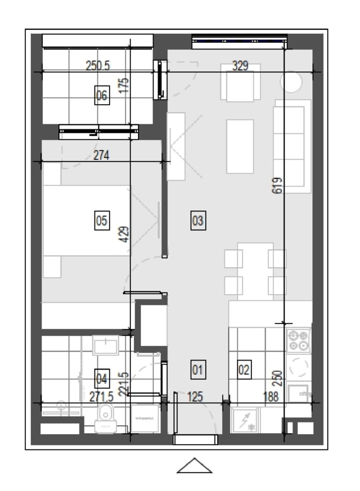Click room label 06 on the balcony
[x=102, y=95]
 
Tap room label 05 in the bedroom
[x=102, y=220]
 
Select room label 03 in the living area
[x=198, y=220]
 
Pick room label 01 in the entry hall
[x=198, y=370]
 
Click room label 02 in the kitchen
[x=244, y=370]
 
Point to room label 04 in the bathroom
[x=102, y=379]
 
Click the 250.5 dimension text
[x=98, y=66]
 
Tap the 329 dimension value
[x=240, y=66]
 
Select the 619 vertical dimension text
[x=277, y=186]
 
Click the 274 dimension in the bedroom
[x=101, y=155]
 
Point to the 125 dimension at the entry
[x=195, y=397]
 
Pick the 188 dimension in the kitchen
[x=271, y=397]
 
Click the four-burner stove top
[x=299, y=341]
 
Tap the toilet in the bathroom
[x=106, y=418]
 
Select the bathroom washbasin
[x=106, y=345]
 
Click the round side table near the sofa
[x=291, y=82]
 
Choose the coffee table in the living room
[x=240, y=146]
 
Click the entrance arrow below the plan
[x=195, y=466]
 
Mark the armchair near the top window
[x=240, y=83]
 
